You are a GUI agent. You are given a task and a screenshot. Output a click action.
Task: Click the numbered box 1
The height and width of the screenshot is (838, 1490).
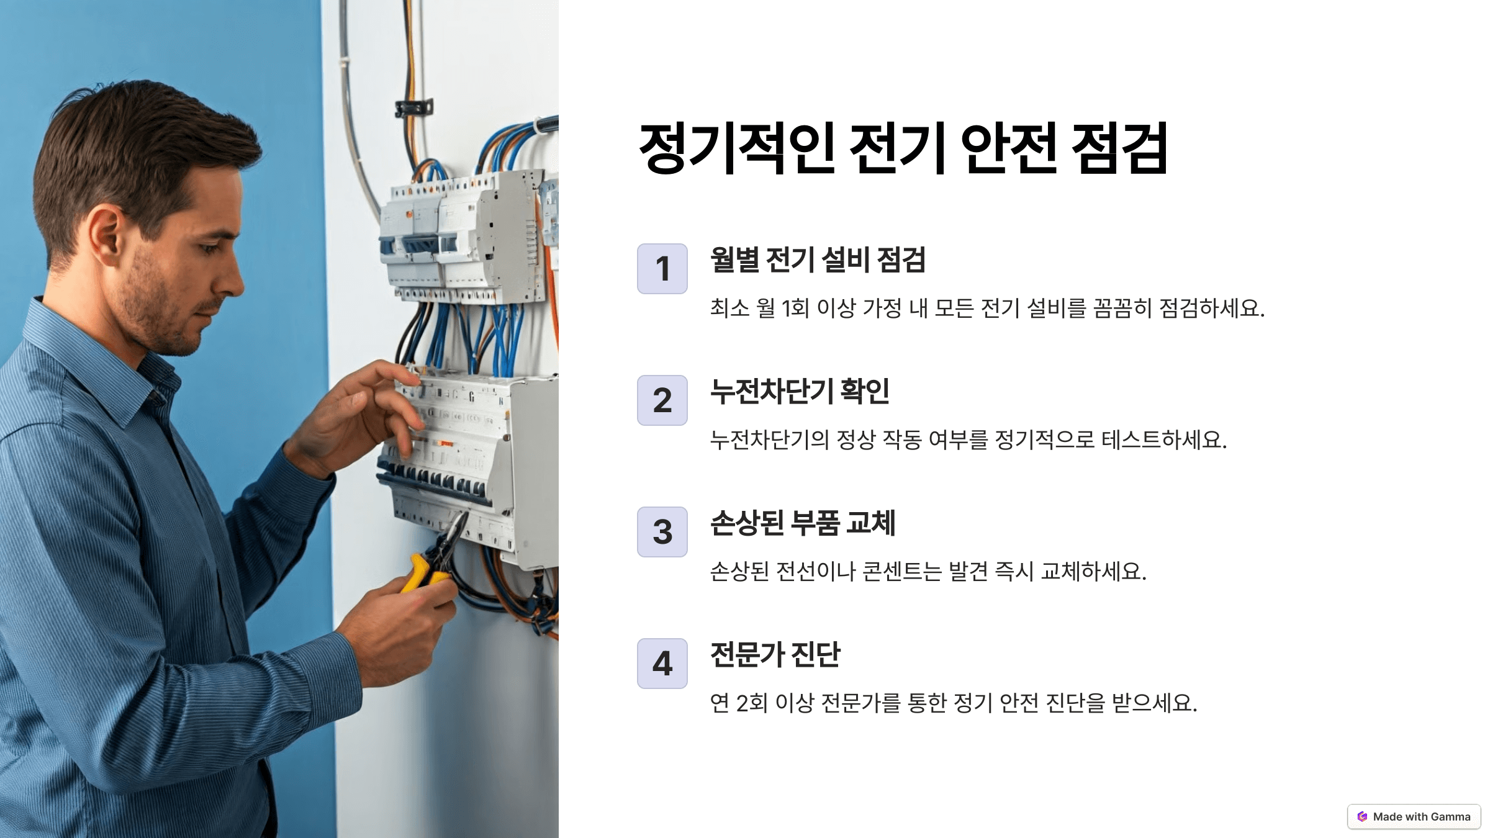662,269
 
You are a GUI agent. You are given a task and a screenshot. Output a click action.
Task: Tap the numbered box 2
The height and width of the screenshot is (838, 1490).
662,400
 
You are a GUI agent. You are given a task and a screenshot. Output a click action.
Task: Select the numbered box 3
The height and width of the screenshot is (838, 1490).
662,532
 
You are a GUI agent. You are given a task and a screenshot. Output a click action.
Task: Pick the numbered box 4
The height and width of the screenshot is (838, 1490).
662,664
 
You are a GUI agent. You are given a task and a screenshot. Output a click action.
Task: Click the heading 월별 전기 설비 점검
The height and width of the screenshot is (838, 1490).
818,260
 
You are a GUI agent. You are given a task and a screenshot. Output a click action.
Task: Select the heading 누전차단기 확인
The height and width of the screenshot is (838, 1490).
800,392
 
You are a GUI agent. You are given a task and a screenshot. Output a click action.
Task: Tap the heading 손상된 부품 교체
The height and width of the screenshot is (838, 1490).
802,523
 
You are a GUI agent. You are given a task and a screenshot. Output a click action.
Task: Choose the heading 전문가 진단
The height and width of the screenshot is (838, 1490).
775,655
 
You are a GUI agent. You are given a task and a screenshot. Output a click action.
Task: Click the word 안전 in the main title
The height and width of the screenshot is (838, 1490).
1008,149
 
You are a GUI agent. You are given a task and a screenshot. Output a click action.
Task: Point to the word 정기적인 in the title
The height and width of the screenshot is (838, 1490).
736,149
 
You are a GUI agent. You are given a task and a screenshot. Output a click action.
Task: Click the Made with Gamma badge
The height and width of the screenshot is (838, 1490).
1414,817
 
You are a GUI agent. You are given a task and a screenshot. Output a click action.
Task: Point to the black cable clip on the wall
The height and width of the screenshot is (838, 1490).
414,108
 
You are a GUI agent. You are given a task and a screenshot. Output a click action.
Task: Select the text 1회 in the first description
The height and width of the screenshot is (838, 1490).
795,309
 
